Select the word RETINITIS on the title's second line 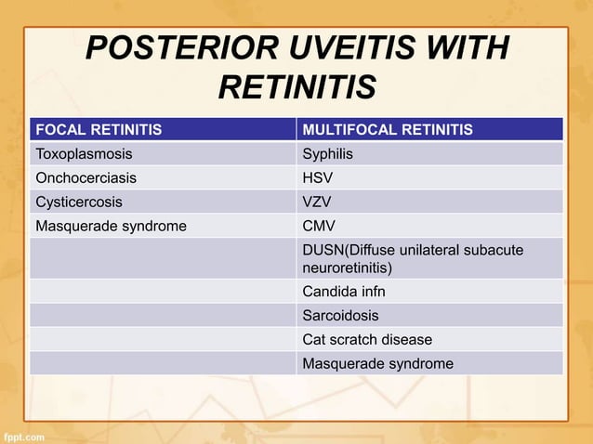(296, 88)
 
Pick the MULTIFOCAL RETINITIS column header (388, 129)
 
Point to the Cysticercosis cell (78, 202)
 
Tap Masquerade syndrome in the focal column (111, 226)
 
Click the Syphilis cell (328, 153)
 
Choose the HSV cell (318, 177)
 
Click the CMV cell (319, 226)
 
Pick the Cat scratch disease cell (367, 340)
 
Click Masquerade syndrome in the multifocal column (378, 363)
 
